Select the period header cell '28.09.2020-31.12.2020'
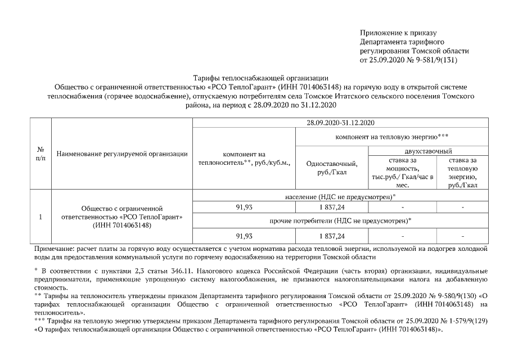tap(341, 123)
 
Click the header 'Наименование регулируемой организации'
tap(122, 154)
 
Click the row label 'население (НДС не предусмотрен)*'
tap(341, 196)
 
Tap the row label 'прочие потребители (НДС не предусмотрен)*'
tap(341, 220)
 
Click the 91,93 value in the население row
tap(244, 208)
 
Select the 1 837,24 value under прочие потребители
tap(332, 235)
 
